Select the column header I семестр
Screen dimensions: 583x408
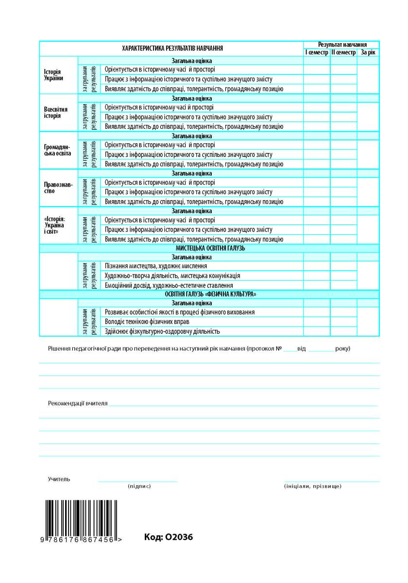click(x=316, y=52)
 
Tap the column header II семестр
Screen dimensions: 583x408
click(x=343, y=52)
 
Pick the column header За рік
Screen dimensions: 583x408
click(x=368, y=52)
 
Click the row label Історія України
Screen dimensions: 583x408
click(x=53, y=75)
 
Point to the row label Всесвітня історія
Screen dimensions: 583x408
click(x=55, y=113)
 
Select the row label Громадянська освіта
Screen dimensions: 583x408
click(x=57, y=150)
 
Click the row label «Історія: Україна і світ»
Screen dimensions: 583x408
click(x=54, y=225)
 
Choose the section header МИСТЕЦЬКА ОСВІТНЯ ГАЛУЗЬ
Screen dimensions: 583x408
click(x=210, y=248)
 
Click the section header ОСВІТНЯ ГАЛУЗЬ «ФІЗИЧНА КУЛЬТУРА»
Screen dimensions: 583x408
click(x=210, y=294)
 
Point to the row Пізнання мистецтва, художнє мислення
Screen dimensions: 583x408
click(x=156, y=266)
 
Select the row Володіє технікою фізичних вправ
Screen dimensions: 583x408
click(x=147, y=322)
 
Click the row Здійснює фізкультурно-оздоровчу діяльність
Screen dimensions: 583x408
click(x=162, y=331)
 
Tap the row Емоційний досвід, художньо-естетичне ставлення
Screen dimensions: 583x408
click(x=169, y=285)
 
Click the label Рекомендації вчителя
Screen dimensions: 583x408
click(x=78, y=403)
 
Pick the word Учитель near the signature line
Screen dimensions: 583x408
click(x=59, y=479)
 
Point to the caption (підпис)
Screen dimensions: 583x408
click(x=139, y=486)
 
